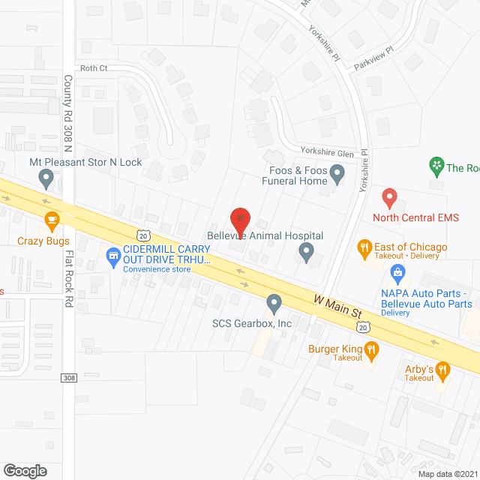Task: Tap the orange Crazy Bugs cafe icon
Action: pyautogui.click(x=51, y=220)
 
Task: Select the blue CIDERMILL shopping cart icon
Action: pyautogui.click(x=113, y=256)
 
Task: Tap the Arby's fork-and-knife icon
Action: pyautogui.click(x=442, y=369)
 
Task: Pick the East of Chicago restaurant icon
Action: pyautogui.click(x=364, y=247)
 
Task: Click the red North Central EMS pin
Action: pyautogui.click(x=388, y=198)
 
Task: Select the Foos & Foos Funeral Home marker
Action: pyautogui.click(x=337, y=175)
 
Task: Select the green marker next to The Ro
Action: pyautogui.click(x=435, y=164)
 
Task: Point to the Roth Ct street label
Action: pyautogui.click(x=94, y=68)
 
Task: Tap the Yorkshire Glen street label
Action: pyautogui.click(x=327, y=153)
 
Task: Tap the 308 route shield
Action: pyautogui.click(x=68, y=377)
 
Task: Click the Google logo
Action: pyautogui.click(x=24, y=470)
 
